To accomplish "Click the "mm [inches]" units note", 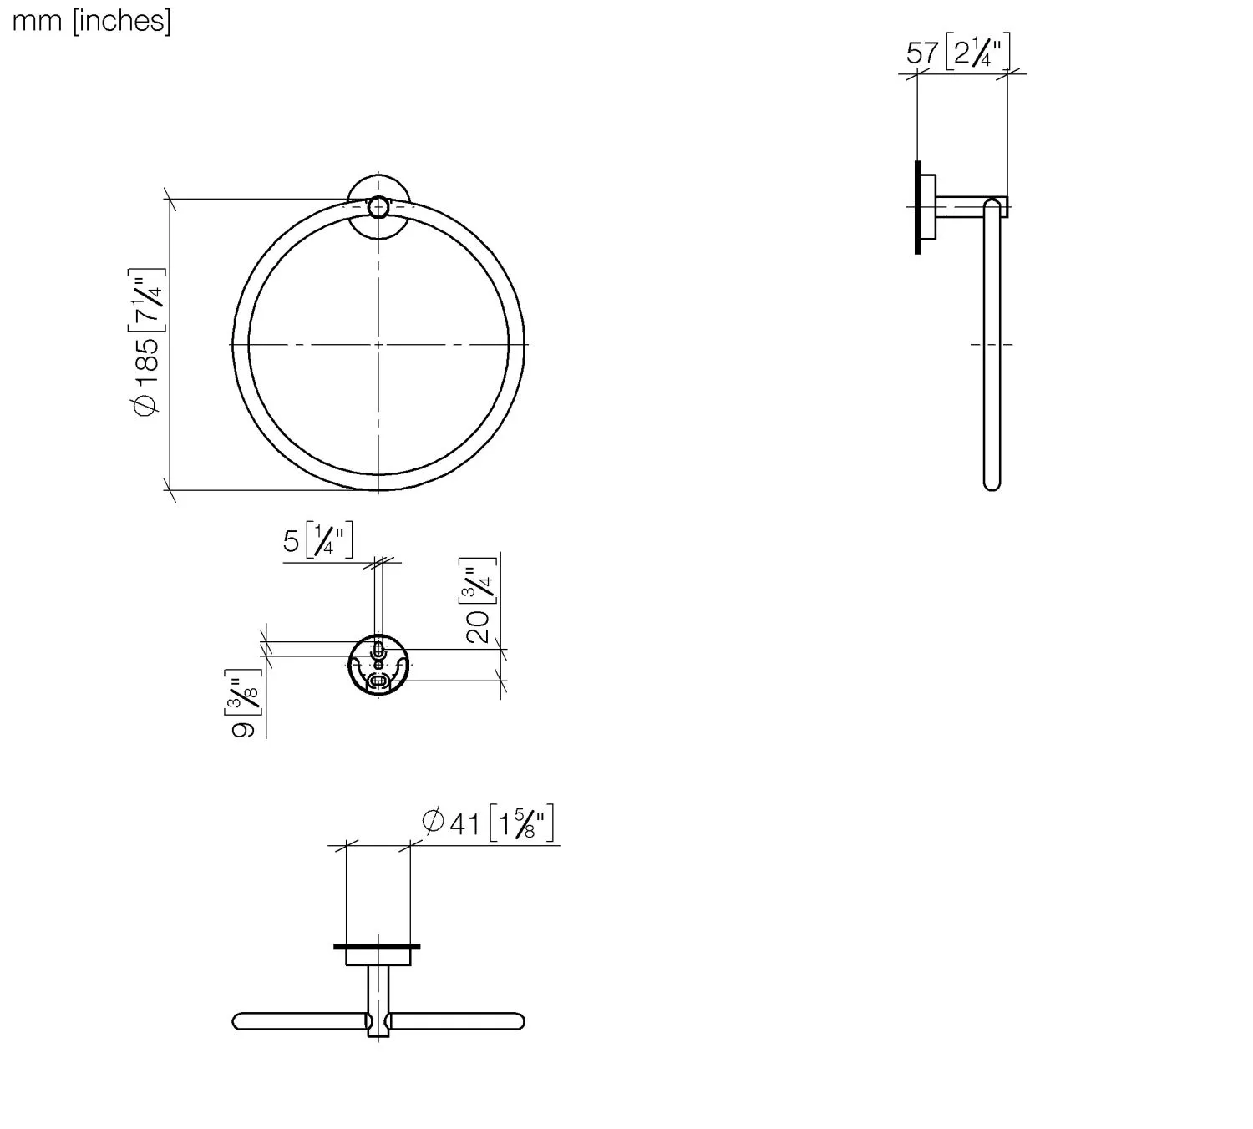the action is click(91, 21).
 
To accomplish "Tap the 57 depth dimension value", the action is click(922, 53).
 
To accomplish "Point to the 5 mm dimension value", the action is click(291, 541).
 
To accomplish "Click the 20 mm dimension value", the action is click(478, 626).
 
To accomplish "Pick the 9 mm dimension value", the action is click(243, 729).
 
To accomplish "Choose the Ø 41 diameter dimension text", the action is click(451, 823).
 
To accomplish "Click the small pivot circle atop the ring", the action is click(378, 207).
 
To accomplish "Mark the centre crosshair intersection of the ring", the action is click(378, 344).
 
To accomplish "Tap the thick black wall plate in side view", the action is click(917, 207).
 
